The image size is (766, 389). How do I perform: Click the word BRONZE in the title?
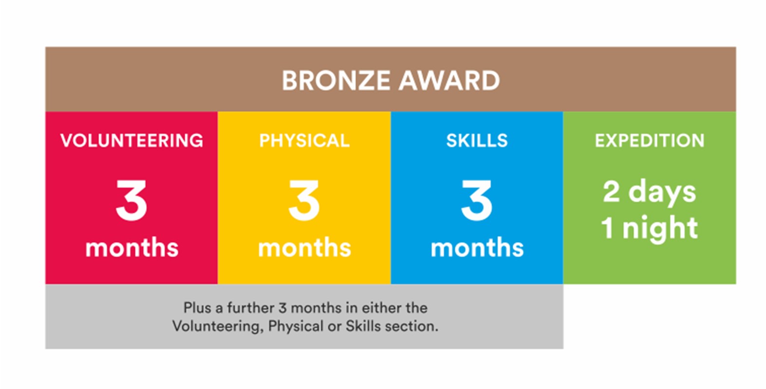(x=336, y=81)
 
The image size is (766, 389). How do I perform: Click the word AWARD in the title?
(x=449, y=81)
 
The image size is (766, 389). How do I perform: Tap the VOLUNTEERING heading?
(x=131, y=140)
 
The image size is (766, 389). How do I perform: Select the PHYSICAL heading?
(x=304, y=140)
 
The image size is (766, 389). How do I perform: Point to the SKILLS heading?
(x=477, y=140)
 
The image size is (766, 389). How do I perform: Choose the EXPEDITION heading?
(x=650, y=140)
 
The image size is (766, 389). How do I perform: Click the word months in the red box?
(x=131, y=247)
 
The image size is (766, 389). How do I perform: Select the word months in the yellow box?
(x=304, y=247)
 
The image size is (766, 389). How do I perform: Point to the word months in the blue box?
(x=477, y=247)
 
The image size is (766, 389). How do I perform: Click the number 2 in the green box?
(x=612, y=192)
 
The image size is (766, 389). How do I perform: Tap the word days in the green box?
(x=662, y=193)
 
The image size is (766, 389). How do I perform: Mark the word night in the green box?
(x=660, y=229)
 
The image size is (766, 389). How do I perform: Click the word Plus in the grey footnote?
(x=197, y=308)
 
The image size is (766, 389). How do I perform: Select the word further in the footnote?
(x=251, y=308)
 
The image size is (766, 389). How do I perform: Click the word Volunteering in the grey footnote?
(x=218, y=326)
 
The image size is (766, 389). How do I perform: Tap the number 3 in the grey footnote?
(x=282, y=308)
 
